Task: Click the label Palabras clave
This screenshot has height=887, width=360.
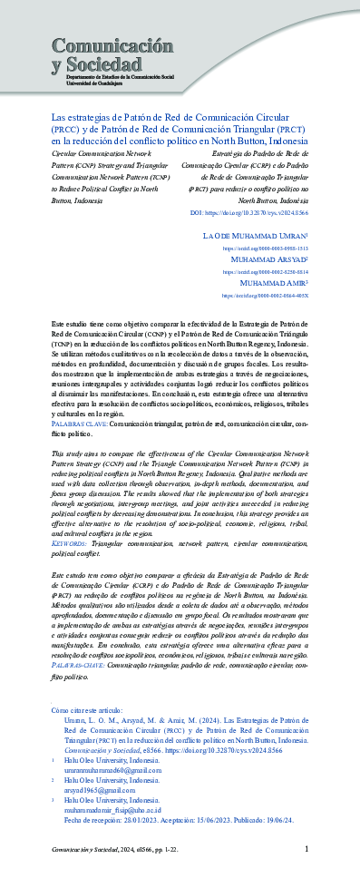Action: [x=80, y=422]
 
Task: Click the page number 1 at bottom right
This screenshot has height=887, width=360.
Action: [x=306, y=848]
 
